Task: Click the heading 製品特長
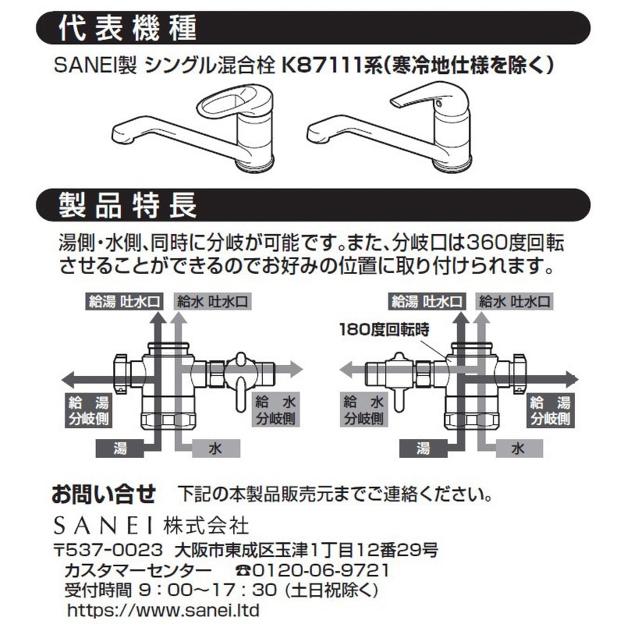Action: pyautogui.click(x=128, y=206)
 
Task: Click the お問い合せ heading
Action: pyautogui.click(x=104, y=494)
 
